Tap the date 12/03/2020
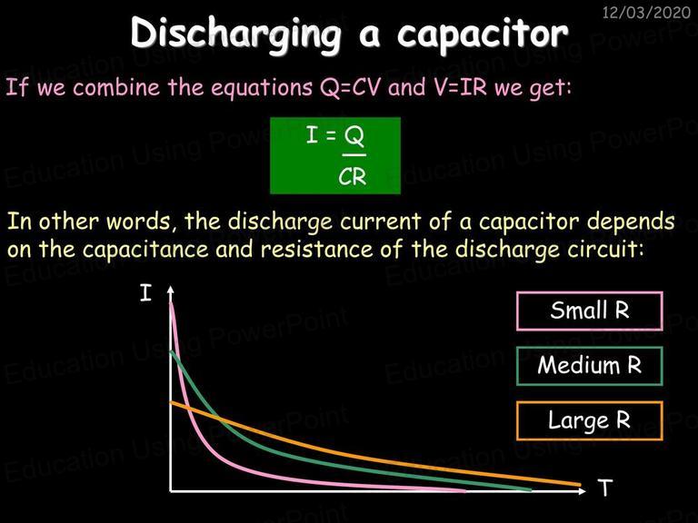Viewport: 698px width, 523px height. point(646,12)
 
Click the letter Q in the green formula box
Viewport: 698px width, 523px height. point(354,136)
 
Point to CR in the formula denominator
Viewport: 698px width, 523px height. point(352,177)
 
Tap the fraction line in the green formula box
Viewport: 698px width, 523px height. point(354,155)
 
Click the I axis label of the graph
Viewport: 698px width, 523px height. point(145,293)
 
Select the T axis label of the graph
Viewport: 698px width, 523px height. point(605,488)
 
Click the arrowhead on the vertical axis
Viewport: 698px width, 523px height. point(170,290)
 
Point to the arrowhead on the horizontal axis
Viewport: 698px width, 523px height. point(582,491)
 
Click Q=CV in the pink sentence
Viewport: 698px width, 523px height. point(350,87)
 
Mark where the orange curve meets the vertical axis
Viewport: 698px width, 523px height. point(171,403)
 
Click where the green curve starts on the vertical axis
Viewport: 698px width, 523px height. point(171,352)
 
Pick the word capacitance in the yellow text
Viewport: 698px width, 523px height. point(145,250)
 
